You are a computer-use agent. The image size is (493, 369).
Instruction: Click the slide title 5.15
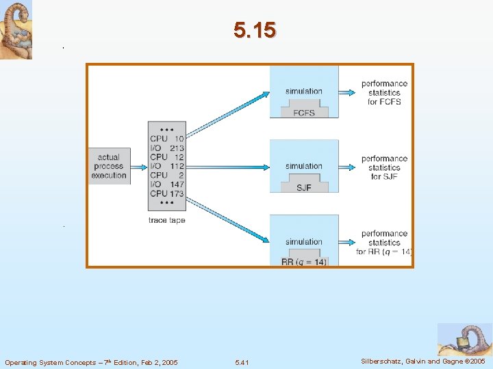tap(254, 30)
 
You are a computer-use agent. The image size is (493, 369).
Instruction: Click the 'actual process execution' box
tap(109, 166)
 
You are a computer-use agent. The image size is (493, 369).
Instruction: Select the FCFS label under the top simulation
tap(303, 113)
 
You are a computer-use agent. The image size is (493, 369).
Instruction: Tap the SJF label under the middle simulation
tap(303, 187)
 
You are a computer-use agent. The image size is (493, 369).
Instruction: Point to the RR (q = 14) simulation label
tap(304, 262)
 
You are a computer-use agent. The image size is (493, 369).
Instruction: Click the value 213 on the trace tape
tap(177, 148)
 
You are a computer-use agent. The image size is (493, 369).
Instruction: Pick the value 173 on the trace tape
tap(176, 194)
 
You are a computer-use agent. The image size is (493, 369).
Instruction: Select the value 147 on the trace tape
tap(177, 184)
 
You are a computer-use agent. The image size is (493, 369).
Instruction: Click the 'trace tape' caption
tap(166, 220)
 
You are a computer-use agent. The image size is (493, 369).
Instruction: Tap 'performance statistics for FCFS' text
tap(384, 92)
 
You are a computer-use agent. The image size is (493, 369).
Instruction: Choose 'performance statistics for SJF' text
tap(384, 167)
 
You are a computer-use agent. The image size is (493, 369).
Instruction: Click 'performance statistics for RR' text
tap(384, 243)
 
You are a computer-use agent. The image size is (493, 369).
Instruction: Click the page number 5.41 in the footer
tap(242, 362)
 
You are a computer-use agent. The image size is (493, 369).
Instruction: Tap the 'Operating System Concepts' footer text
tap(91, 362)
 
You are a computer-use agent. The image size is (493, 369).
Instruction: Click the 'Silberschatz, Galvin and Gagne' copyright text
tap(423, 361)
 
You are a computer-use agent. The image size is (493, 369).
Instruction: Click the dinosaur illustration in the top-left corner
tap(16, 29)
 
